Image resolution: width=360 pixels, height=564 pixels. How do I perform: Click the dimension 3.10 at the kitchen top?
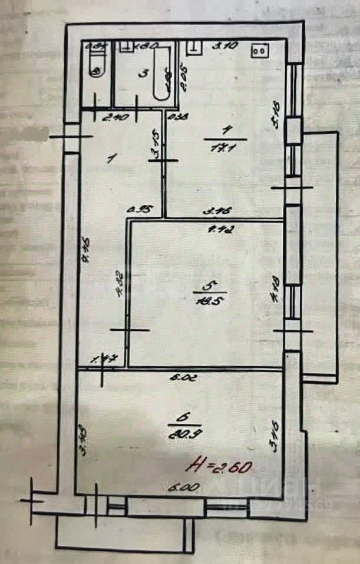pyautogui.click(x=220, y=45)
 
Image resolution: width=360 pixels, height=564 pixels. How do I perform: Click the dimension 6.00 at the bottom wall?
pyautogui.click(x=177, y=487)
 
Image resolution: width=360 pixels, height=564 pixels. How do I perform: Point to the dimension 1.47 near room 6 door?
pyautogui.click(x=102, y=358)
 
